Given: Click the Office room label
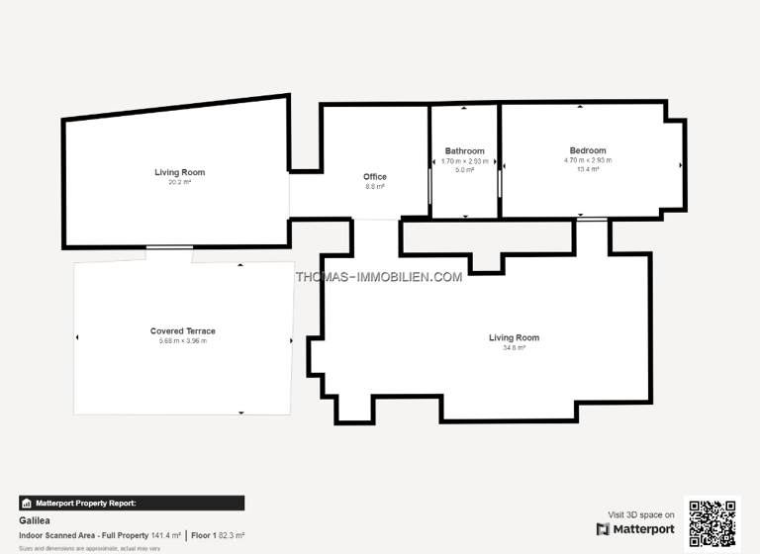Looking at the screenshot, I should (375, 177).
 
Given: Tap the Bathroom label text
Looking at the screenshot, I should (464, 151).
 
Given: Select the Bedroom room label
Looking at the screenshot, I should (588, 150).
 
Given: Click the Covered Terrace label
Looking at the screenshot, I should (183, 331).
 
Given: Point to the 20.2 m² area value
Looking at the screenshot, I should (179, 182).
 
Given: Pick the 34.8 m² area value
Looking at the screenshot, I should (514, 347).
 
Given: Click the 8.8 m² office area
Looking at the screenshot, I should (375, 186).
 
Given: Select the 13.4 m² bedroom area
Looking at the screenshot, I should (588, 169).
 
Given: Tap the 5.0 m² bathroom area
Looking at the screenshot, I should (464, 170).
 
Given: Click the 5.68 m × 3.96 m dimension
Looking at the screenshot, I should (183, 340).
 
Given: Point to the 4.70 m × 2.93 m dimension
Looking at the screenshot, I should (588, 160).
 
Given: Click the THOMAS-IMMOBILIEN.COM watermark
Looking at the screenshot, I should (379, 277).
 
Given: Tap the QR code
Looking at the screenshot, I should (712, 522).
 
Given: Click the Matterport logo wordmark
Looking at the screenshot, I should (635, 529).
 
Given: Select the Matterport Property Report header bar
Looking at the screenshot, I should (132, 503).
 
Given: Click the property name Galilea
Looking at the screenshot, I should (35, 519).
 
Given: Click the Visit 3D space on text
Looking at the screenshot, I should (640, 514).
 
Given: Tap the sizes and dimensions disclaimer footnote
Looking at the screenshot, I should (89, 547).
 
